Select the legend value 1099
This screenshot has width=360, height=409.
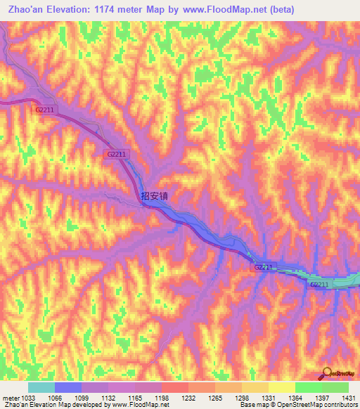81,397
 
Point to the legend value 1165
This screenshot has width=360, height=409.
134,397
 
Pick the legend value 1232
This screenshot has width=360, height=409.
188,397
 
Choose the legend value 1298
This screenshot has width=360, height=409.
241,397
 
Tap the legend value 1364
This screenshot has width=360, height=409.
295,397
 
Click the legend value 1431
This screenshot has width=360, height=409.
348,397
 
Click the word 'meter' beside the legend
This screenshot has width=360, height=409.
11,397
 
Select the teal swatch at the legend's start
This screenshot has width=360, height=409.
41,387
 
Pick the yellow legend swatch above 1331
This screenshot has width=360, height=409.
255,387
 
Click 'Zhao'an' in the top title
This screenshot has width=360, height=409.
26,9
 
